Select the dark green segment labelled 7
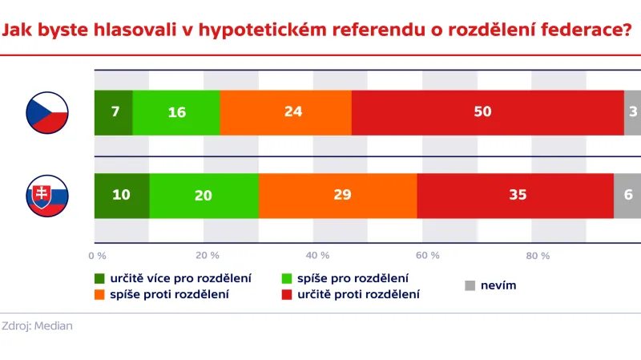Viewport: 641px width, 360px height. tap(114, 112)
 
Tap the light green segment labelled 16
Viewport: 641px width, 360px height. tap(176, 112)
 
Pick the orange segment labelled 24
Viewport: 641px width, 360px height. tap(285, 112)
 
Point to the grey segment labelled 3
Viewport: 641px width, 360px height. tap(633, 112)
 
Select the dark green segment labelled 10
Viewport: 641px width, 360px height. tap(122, 196)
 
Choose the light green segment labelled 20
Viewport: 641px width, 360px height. tap(204, 196)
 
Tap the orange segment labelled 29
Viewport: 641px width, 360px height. tap(337, 196)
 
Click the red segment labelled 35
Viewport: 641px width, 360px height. tap(515, 196)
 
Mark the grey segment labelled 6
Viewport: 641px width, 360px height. tap(627, 196)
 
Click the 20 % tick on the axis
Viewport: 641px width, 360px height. tap(208, 256)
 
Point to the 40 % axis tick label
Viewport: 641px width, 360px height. tap(318, 256)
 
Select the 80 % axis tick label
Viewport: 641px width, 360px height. tap(538, 256)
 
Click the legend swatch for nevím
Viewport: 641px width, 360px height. tap(470, 285)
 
